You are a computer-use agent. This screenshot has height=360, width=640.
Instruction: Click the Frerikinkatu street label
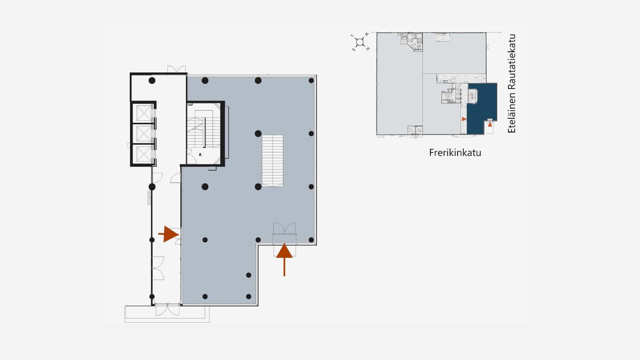[x=455, y=152]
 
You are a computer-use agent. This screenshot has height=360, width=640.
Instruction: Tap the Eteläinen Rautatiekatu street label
[x=512, y=84]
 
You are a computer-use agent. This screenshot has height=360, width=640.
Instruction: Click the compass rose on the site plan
[x=360, y=42]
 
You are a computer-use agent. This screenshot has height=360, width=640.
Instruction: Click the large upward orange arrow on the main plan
[x=284, y=260]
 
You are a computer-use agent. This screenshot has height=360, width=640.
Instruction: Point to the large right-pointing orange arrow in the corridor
[x=168, y=234]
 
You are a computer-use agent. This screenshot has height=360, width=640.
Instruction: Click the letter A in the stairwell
[x=200, y=154]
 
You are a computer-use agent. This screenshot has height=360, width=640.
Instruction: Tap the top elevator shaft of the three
[x=144, y=113]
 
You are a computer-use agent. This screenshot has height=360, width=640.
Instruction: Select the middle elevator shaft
[x=144, y=134]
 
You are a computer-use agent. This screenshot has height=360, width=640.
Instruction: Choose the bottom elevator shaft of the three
[x=144, y=154]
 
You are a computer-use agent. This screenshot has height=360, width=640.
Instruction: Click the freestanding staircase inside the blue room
[x=272, y=161]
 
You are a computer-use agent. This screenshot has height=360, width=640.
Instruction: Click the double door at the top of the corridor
[x=176, y=70]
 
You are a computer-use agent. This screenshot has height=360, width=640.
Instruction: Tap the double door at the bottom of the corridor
[x=168, y=310]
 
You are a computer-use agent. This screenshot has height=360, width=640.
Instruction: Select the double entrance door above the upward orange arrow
[x=284, y=228]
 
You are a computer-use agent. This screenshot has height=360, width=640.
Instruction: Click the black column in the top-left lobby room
[x=152, y=80]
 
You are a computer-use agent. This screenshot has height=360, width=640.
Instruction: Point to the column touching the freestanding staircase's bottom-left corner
[x=258, y=187]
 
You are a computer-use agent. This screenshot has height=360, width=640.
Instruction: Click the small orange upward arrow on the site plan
[x=490, y=124]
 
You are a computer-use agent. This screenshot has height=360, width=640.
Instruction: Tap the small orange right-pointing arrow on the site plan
[x=464, y=119]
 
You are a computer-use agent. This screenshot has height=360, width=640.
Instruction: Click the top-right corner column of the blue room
[x=312, y=80]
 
